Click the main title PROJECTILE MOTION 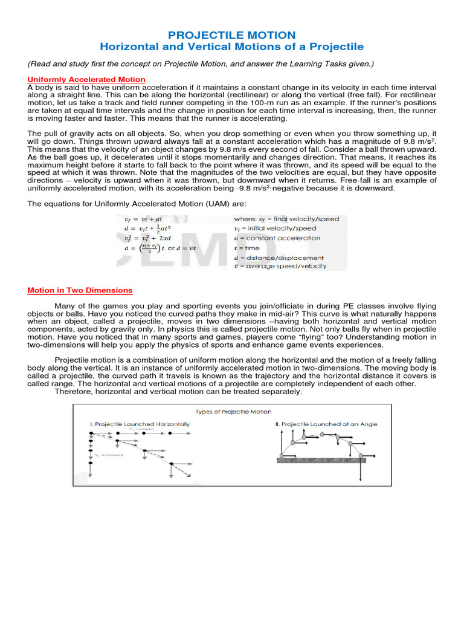(231, 35)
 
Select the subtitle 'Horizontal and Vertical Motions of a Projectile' (231, 47)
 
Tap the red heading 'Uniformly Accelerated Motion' (86, 79)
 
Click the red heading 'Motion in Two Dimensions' (80, 290)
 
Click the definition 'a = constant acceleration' (277, 238)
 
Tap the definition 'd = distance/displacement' (279, 257)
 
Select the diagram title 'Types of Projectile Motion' (233, 412)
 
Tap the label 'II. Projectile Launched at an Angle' (326, 424)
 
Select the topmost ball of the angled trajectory (322, 434)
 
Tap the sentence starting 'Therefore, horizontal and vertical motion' (178, 392)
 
